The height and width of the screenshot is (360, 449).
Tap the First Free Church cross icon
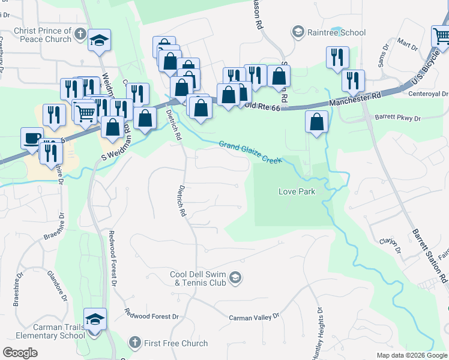(x=135, y=343)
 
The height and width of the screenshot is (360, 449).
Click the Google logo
(x=20, y=353)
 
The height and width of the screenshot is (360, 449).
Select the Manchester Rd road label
(x=355, y=100)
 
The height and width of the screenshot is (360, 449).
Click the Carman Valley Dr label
(x=255, y=316)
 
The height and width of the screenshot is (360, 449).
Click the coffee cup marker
(x=32, y=137)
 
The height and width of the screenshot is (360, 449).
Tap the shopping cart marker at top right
(x=441, y=36)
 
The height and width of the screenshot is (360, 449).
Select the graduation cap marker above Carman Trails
(x=95, y=319)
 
